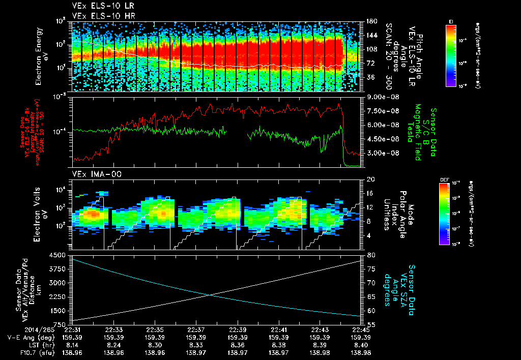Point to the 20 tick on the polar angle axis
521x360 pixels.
click(370, 179)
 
